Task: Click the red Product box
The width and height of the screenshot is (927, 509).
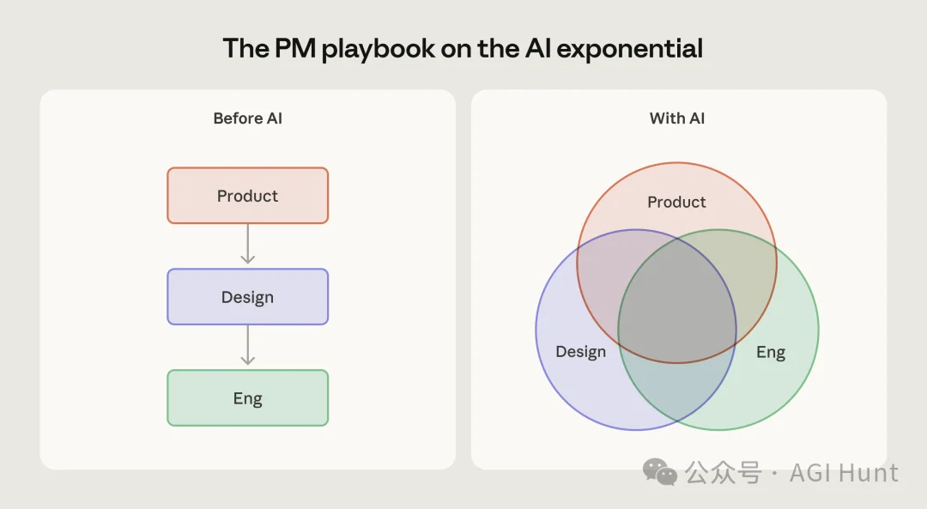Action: (x=247, y=196)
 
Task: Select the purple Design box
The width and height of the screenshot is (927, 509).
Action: (x=247, y=297)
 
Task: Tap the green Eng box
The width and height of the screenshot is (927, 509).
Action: (x=247, y=398)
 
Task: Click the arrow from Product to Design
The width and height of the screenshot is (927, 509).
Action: (x=247, y=245)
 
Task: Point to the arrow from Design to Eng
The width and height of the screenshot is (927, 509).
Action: (x=247, y=346)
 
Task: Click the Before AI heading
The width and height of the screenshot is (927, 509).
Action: (x=247, y=118)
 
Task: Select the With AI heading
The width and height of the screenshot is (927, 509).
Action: (x=677, y=118)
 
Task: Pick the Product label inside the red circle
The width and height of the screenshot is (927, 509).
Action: (x=676, y=203)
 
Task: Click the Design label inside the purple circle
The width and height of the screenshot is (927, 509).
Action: (x=580, y=352)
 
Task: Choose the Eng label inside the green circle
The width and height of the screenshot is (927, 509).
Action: (x=771, y=352)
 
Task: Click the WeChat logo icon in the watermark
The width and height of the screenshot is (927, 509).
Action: (x=660, y=472)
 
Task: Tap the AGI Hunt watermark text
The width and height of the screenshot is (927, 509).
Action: (x=844, y=473)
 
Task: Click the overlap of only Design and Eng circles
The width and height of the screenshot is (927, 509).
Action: (x=677, y=391)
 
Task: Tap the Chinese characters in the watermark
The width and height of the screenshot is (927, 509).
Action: (x=723, y=473)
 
